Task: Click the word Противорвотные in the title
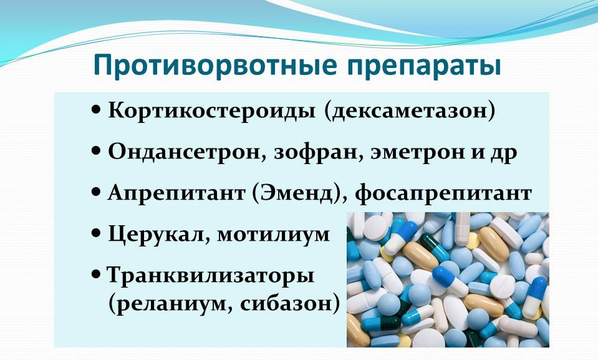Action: [215, 66]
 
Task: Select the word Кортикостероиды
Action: [211, 110]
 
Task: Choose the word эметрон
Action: [416, 153]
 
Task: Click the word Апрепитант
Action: [176, 193]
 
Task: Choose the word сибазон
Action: [286, 304]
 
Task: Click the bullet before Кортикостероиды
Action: [96, 110]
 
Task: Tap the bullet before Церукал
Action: [96, 233]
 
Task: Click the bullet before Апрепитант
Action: [96, 192]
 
